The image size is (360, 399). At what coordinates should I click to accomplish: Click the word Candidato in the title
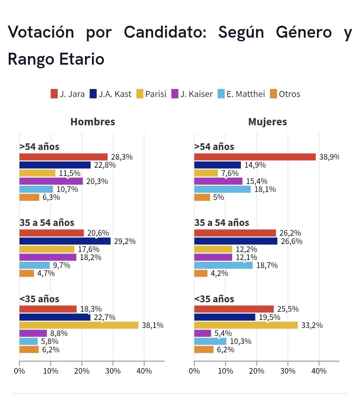165,32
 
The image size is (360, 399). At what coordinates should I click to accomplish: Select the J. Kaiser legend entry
192,94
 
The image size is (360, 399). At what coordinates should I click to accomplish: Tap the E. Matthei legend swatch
221,94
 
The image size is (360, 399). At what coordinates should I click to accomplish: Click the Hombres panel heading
93,122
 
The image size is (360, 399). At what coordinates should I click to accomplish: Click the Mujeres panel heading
267,122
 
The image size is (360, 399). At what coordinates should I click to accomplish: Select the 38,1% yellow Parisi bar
79,325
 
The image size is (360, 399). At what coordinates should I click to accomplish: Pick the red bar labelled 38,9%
255,157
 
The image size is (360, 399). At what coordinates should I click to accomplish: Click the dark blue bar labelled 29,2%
65,241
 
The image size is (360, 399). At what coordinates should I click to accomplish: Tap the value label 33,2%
312,325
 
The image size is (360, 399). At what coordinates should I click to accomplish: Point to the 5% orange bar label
218,197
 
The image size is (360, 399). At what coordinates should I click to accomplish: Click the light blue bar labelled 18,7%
223,265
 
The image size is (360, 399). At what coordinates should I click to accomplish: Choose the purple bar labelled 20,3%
51,181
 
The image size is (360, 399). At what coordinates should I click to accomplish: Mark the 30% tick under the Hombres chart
113,371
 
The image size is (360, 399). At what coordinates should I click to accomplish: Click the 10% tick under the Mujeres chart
225,371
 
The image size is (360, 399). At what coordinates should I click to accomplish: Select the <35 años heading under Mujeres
214,299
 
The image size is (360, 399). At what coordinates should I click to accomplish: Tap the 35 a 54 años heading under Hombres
47,223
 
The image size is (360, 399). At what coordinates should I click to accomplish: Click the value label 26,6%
291,241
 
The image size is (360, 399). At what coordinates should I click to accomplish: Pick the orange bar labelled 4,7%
27,273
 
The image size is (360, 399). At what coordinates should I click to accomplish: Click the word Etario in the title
82,59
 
